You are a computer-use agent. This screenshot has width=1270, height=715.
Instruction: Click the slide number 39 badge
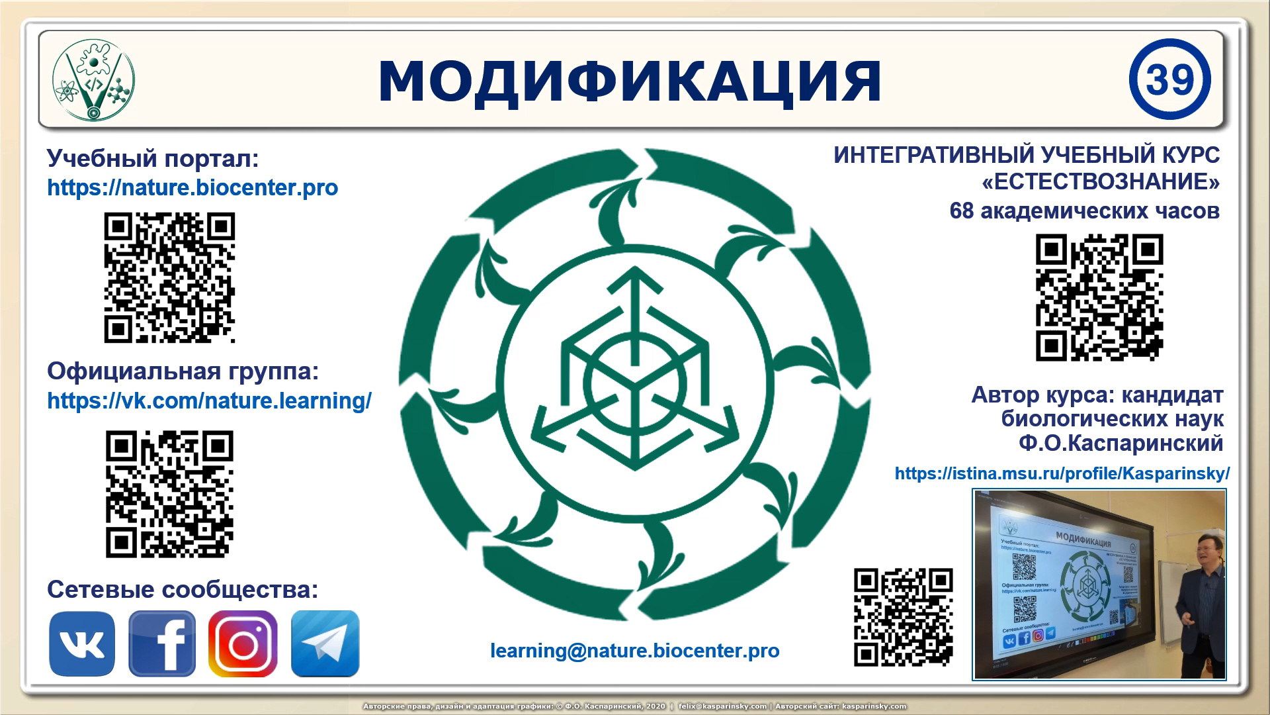(1169, 79)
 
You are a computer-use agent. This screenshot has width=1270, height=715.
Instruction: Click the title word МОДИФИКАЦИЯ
(630, 81)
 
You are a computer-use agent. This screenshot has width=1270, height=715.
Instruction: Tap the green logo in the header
(93, 79)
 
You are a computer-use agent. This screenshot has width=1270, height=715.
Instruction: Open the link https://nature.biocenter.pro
(192, 188)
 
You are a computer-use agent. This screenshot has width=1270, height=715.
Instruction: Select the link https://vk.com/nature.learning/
(209, 401)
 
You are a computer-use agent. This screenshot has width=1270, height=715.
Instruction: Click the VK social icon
(82, 643)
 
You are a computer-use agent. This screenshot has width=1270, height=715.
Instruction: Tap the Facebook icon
(162, 643)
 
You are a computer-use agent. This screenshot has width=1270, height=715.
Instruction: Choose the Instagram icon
(243, 643)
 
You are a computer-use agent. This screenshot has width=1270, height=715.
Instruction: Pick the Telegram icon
(325, 643)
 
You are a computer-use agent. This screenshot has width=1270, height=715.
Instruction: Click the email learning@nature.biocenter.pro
(634, 651)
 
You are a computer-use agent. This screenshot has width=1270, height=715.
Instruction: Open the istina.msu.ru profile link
(1062, 474)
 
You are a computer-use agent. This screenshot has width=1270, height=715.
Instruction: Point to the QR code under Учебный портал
(169, 277)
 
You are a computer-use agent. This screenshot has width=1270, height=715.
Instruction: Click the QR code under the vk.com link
(169, 494)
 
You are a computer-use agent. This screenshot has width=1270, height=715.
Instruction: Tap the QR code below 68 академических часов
(1099, 297)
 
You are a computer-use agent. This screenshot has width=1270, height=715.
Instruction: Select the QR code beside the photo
(903, 617)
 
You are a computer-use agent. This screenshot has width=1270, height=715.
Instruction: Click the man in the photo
(1201, 596)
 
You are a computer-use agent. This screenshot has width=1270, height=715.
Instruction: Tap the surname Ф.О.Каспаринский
(1121, 444)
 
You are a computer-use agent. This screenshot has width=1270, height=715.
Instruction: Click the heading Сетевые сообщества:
(183, 590)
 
